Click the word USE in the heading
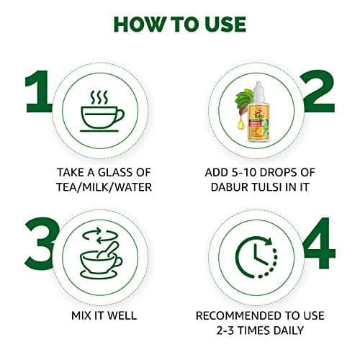tap(226, 24)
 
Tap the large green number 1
tap(39, 91)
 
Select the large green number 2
tap(319, 91)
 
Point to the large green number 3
tap(41, 243)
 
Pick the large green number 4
tap(319, 243)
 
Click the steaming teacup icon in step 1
tap(102, 111)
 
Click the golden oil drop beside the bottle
tap(240, 124)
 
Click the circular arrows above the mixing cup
tap(100, 235)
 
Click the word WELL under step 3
tap(122, 315)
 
